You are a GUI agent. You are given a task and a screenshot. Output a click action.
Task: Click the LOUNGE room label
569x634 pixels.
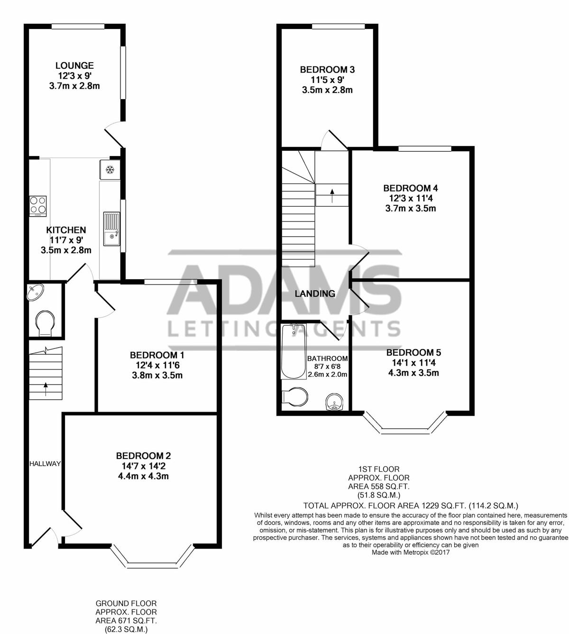[74, 65]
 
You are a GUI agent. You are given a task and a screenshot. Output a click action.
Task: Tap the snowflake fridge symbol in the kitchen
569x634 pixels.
[110, 170]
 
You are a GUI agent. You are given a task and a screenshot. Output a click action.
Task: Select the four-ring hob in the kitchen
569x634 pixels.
[38, 206]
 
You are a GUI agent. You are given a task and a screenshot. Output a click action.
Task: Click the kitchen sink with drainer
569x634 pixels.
[111, 229]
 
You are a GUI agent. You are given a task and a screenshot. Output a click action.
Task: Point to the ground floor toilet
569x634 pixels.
[45, 323]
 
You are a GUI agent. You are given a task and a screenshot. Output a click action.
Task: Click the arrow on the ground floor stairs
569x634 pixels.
[46, 389]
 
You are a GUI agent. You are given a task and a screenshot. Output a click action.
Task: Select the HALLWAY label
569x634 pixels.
[45, 464]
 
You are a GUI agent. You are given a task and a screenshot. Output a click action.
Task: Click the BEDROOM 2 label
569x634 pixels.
[143, 456]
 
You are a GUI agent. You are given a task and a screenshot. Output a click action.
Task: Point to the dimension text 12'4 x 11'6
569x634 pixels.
[157, 365]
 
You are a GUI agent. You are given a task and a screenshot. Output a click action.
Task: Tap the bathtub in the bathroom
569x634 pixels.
[294, 351]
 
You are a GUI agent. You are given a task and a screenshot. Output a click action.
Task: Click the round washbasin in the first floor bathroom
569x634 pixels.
[334, 402]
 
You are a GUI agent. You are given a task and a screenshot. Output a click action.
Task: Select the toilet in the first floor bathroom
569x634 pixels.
[294, 397]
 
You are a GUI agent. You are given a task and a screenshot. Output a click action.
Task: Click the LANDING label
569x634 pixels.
[315, 294]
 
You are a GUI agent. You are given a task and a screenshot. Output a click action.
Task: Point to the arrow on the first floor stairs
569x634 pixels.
[332, 195]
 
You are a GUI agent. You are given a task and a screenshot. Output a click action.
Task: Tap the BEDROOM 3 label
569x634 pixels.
[327, 70]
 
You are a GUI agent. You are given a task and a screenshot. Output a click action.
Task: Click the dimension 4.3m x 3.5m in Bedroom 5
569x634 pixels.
[413, 373]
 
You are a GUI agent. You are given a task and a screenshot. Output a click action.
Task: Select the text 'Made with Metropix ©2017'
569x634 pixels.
[411, 552]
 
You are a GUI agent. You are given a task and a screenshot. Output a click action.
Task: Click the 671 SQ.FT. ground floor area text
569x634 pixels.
[126, 621]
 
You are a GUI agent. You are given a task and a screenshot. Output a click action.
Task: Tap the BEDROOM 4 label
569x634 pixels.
[411, 188]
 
